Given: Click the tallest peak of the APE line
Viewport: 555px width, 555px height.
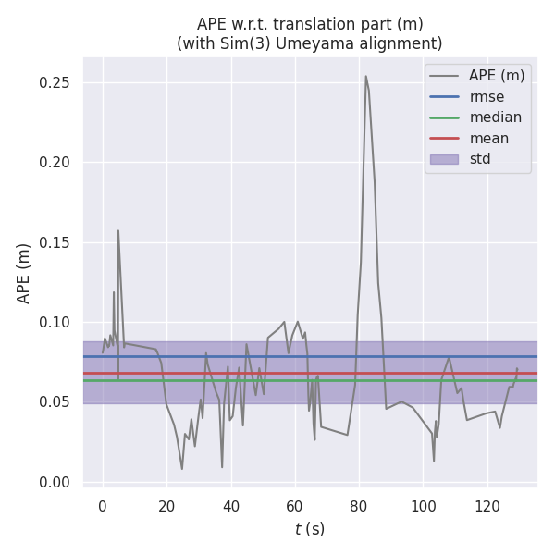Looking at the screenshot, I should pos(365,76).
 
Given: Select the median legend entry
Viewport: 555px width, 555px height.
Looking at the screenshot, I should pos(495,117).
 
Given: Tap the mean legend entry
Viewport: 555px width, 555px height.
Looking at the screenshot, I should pos(488,139).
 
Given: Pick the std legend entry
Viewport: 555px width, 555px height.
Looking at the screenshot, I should pos(480,159).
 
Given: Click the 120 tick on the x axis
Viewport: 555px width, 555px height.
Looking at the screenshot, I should pos(487,506).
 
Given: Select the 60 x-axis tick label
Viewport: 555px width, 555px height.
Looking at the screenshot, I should pos(294,506).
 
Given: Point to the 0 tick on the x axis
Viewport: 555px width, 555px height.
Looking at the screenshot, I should pos(103,506).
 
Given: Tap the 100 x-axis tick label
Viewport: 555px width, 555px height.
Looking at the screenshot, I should pos(423,506).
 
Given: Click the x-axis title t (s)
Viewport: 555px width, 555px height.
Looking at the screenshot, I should pos(310,529).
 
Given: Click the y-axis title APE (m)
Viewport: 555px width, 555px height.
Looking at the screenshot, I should pos(24,273).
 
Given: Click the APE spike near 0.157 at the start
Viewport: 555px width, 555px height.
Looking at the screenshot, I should pos(117,231).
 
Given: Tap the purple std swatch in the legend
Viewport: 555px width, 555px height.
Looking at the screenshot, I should pos(443,159).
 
